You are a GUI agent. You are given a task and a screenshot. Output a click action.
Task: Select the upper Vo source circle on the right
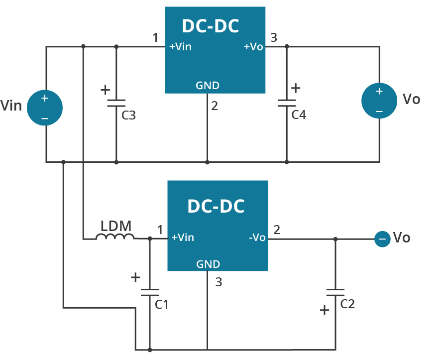(379, 100)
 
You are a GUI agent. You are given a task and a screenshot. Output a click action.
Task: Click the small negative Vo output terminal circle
(382, 239)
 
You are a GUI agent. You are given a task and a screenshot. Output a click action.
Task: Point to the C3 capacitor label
(129, 116)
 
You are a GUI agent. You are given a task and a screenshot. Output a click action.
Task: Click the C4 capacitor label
(299, 115)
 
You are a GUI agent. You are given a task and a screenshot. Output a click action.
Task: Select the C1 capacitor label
(162, 304)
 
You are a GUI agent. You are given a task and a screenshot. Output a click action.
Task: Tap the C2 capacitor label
(347, 304)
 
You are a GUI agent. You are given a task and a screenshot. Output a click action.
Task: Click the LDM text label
(116, 226)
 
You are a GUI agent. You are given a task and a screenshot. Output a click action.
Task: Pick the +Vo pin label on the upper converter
(253, 47)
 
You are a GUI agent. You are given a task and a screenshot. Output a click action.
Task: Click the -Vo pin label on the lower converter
(257, 238)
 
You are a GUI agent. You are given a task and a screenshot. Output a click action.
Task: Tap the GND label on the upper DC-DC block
(208, 85)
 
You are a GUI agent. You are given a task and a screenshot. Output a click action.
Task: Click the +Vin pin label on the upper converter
(180, 47)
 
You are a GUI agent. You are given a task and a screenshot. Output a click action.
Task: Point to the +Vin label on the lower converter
(183, 238)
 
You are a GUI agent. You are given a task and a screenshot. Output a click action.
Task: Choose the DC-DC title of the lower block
(216, 206)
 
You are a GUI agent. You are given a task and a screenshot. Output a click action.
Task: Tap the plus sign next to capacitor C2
(325, 310)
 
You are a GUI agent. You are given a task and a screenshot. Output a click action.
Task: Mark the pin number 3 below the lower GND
(219, 282)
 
